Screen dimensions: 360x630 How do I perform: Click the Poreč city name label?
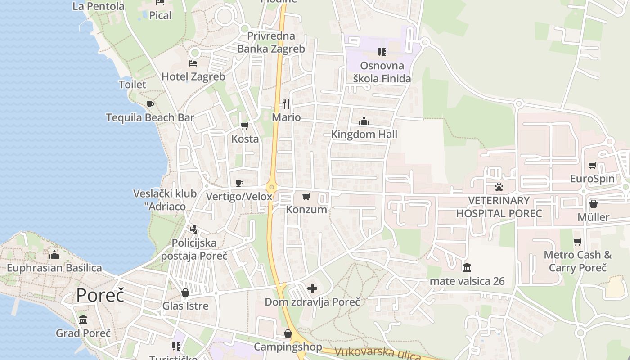coord(100,296)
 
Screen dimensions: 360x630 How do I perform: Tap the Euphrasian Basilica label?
coord(54,268)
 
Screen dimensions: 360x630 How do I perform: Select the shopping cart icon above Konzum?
coord(306,196)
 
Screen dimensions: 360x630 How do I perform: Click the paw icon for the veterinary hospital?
coord(499,187)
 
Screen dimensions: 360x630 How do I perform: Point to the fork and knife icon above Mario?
coord(286,104)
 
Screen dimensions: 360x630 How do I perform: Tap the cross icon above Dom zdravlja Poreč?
coord(312,288)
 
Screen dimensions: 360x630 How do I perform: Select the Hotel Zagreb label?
coord(193,76)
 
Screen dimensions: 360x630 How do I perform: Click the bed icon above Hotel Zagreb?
coord(193,63)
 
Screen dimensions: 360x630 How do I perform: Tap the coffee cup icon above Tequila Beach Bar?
coord(150,104)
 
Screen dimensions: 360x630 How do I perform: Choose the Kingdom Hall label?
coord(364,134)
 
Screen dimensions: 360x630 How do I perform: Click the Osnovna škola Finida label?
coord(382,72)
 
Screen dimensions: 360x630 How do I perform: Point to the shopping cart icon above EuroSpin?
coord(592,166)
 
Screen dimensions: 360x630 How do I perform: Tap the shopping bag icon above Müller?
coord(594,204)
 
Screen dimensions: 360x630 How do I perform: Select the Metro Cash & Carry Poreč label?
coord(578,261)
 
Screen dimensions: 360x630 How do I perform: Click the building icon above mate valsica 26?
coord(467,268)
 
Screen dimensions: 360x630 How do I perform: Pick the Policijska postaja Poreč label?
coord(194,249)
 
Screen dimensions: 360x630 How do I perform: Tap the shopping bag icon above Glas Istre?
coord(185,293)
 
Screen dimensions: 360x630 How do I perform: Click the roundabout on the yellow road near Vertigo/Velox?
coord(271,187)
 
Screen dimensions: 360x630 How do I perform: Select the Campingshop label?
coord(288,347)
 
